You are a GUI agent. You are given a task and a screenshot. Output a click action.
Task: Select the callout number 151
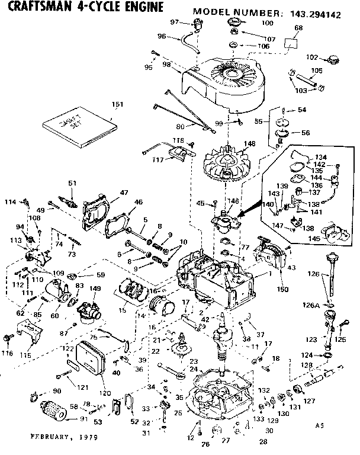[x=117, y=104]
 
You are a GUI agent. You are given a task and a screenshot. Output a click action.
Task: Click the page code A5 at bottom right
[x=320, y=425]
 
